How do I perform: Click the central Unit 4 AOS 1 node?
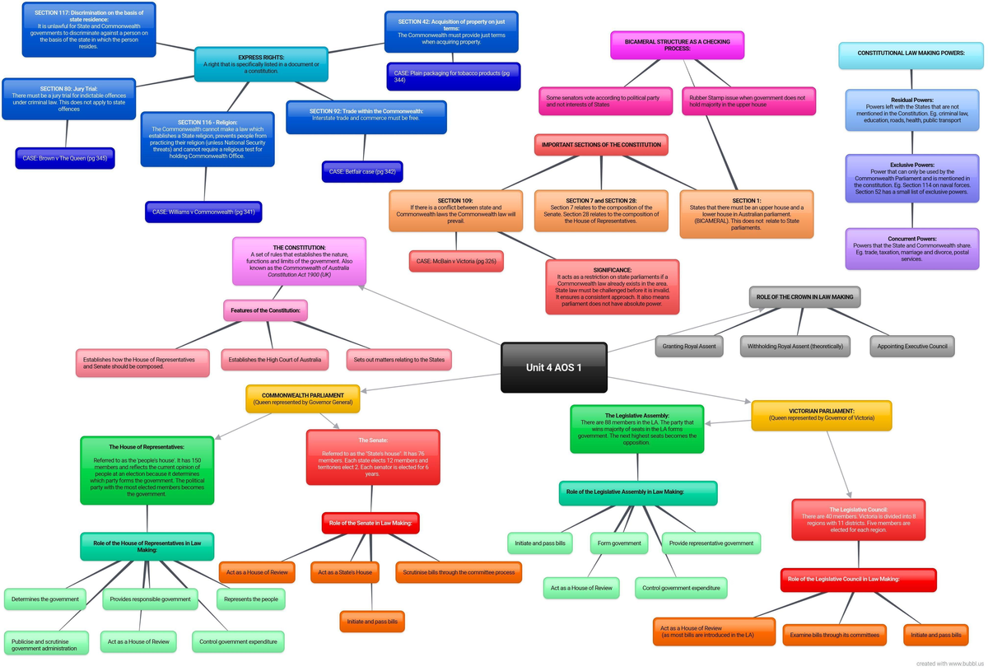553,367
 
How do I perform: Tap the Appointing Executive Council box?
912,347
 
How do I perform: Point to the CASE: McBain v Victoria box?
456,261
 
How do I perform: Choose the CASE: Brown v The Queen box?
64,158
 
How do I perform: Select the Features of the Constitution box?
266,310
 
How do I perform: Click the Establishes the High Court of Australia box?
274,360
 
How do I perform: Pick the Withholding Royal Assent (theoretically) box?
795,347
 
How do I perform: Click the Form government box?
619,543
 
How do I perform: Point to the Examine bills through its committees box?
834,635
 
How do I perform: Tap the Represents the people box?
251,599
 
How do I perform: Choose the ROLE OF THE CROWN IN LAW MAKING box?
804,297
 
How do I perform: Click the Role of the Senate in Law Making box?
370,523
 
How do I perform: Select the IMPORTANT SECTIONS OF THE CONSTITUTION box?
601,145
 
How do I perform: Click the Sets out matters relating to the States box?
398,360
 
